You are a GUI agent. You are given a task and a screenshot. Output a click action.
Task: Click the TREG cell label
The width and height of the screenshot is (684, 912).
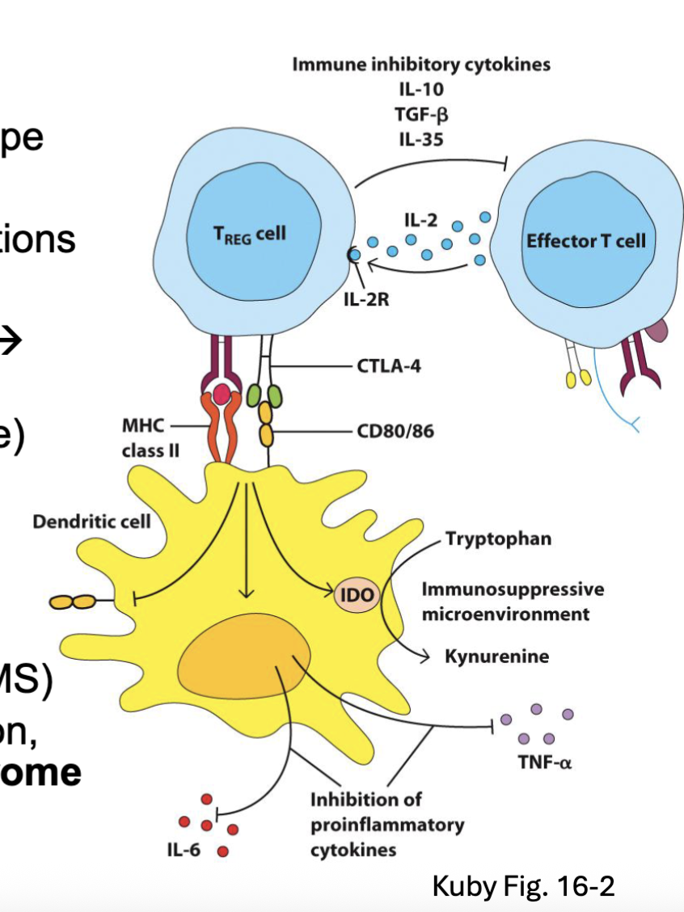[249, 234]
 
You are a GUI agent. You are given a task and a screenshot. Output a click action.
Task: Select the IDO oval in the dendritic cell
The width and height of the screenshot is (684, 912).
[356, 596]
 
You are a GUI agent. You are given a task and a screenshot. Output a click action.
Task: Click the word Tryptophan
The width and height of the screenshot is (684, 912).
[498, 538]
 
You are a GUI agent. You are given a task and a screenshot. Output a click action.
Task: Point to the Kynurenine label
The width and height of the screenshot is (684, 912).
[496, 656]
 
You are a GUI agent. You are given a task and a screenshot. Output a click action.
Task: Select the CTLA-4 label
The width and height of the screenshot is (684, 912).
[388, 366]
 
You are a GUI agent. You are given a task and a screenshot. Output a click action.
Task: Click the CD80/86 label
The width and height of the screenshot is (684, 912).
[395, 431]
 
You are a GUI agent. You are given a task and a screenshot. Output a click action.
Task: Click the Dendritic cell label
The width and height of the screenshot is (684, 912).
[91, 521]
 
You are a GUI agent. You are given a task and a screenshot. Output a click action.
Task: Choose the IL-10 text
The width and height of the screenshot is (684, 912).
[420, 89]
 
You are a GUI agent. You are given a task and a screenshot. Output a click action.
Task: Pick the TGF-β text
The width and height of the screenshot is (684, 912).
[420, 113]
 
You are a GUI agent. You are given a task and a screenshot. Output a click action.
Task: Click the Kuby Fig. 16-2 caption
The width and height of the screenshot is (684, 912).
[523, 885]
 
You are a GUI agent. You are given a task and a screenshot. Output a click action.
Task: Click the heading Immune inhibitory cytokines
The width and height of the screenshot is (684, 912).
[420, 64]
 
